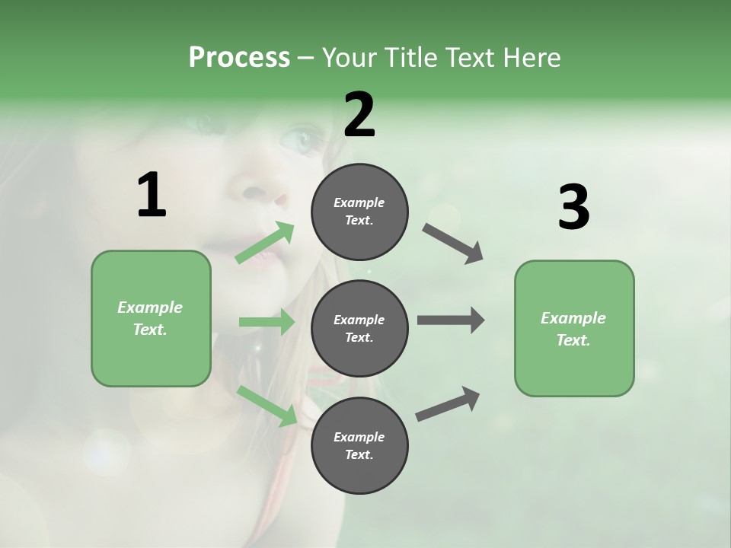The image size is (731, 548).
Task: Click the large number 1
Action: (x=152, y=196)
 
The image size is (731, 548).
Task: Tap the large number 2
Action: (x=359, y=115)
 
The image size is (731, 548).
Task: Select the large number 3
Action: (x=573, y=207)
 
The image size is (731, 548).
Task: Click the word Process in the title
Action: (x=239, y=57)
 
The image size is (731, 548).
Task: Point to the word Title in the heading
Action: (x=408, y=57)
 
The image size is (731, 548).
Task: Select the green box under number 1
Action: (x=151, y=318)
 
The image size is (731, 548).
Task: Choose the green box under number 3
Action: (x=574, y=328)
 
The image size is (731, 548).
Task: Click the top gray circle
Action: (x=359, y=212)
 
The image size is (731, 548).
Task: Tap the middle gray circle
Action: (x=359, y=328)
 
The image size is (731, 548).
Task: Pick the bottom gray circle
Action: (x=359, y=445)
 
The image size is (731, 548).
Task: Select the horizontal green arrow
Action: (x=267, y=323)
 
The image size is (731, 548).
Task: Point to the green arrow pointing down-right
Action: (x=268, y=406)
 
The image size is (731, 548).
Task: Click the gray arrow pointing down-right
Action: (x=453, y=244)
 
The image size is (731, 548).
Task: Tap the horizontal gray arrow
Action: (x=451, y=320)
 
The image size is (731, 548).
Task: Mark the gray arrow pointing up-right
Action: (x=448, y=403)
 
